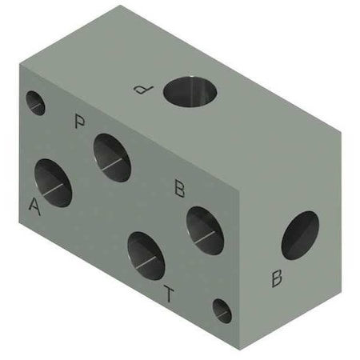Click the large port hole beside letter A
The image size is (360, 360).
click(52, 182)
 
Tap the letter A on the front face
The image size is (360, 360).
click(34, 206)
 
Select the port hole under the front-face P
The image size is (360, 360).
click(112, 157)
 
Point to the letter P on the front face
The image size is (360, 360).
click(79, 122)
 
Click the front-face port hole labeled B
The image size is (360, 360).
click(205, 230)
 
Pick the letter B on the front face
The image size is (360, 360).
click(181, 190)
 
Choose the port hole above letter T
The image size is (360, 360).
click(146, 255)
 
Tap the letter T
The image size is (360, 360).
click(168, 294)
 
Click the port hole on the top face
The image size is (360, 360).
click(191, 91)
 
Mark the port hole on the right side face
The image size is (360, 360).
click(299, 235)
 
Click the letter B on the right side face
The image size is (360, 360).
click(277, 278)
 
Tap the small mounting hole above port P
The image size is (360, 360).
click(35, 102)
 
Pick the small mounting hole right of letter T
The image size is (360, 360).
click(222, 310)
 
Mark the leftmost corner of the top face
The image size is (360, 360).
click(21, 63)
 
